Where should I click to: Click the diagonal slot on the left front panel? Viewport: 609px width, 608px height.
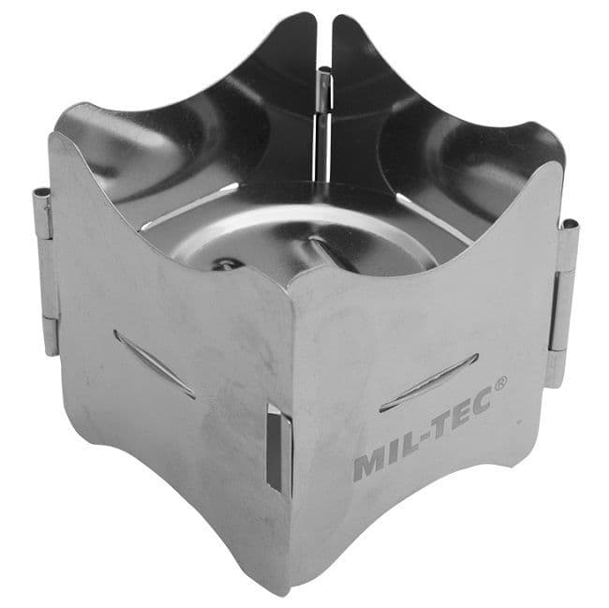[x=155, y=364]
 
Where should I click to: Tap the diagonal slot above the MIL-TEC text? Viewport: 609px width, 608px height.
[x=428, y=382]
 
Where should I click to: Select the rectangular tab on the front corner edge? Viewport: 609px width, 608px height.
[x=278, y=452]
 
